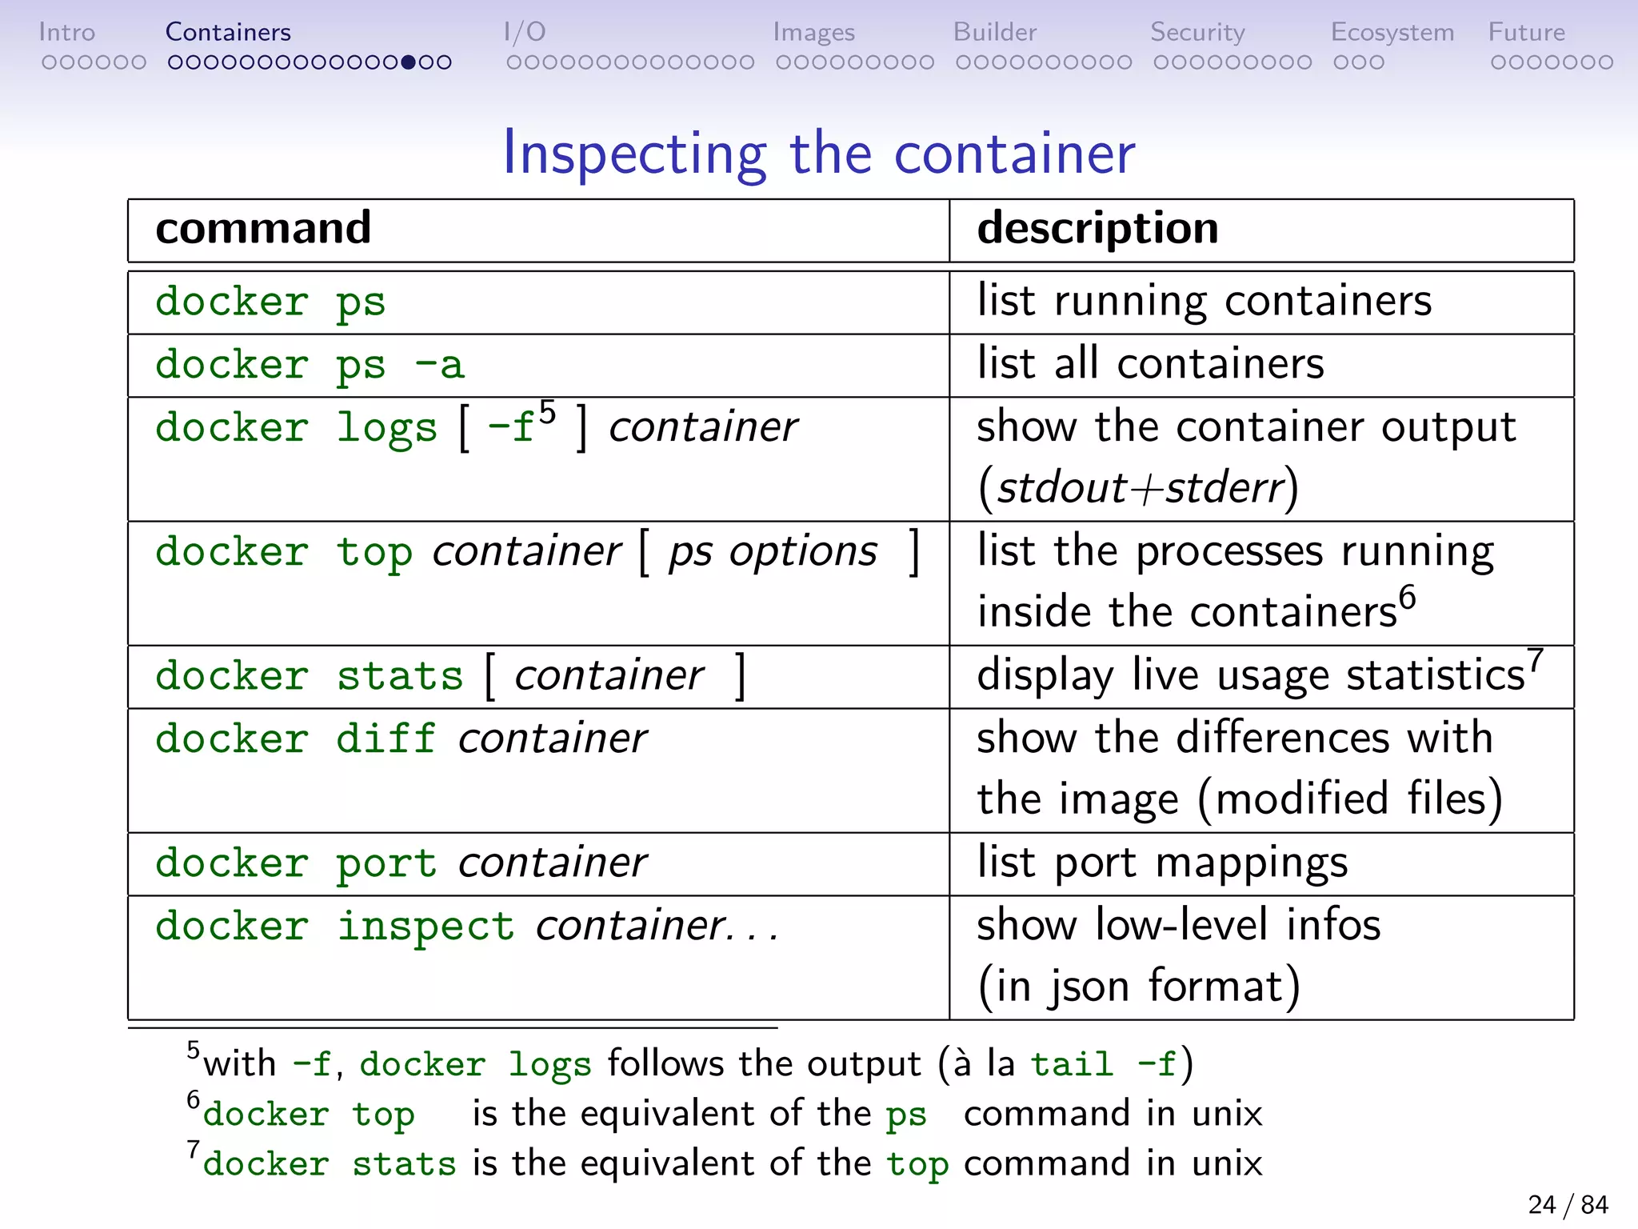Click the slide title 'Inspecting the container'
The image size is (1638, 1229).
pyautogui.click(x=818, y=153)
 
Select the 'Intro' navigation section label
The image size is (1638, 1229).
pyautogui.click(x=67, y=32)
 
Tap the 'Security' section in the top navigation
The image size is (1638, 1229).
pyautogui.click(x=1197, y=32)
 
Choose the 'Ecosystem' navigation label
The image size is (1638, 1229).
pyautogui.click(x=1392, y=32)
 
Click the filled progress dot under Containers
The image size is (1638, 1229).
pyautogui.click(x=409, y=62)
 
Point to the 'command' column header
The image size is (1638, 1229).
pyautogui.click(x=263, y=228)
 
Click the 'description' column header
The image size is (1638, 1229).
pyautogui.click(x=1097, y=228)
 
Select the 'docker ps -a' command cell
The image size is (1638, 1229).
pyautogui.click(x=310, y=365)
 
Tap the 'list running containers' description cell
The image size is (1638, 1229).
pyautogui.click(x=1204, y=302)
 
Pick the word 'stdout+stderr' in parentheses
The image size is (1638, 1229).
pyautogui.click(x=1140, y=487)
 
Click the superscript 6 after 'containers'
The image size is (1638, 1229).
pyautogui.click(x=1407, y=597)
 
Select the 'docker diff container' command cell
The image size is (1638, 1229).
pyautogui.click(x=401, y=738)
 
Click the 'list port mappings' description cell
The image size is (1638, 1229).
pyautogui.click(x=1162, y=863)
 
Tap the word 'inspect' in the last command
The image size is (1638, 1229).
pyautogui.click(x=425, y=926)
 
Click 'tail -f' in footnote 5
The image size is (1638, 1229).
pyautogui.click(x=1104, y=1064)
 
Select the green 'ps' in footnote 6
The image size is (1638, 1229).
pyautogui.click(x=906, y=1115)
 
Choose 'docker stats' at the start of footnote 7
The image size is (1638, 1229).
pyautogui.click(x=329, y=1163)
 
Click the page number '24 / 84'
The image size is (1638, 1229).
pyautogui.click(x=1568, y=1204)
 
